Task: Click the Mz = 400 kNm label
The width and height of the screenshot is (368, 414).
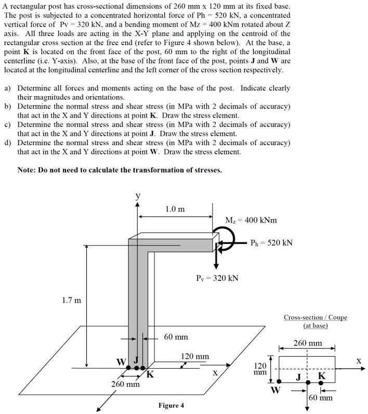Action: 251,220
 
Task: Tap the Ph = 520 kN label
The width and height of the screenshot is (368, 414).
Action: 271,242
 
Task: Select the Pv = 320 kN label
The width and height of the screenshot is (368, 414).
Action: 217,278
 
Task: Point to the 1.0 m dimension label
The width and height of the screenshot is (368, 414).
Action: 175,209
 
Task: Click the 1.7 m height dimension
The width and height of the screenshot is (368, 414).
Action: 71,300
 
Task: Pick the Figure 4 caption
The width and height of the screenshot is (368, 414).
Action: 171,406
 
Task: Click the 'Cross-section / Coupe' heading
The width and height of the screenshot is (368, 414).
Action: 315,317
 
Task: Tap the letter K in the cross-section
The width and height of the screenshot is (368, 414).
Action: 321,376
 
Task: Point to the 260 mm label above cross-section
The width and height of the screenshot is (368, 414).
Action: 307,343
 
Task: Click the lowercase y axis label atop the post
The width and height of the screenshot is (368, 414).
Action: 138,196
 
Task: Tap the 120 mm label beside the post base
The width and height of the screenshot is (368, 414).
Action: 194,356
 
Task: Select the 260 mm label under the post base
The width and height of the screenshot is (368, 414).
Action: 125,385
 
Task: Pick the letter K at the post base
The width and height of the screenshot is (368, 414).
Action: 150,373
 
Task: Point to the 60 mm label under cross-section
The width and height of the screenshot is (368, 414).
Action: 321,398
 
